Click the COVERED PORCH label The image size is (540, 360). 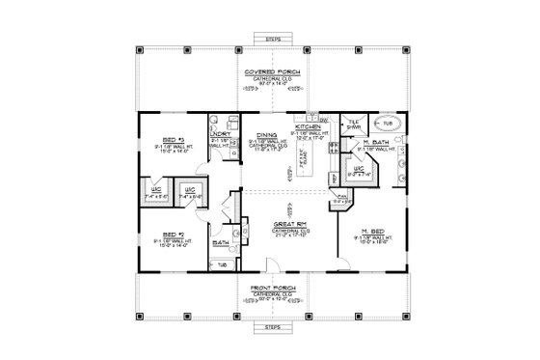click(269, 72)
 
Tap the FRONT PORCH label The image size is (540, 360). click(269, 288)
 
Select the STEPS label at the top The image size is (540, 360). click(269, 40)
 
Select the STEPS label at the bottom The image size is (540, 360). click(269, 327)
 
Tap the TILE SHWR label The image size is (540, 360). click(354, 125)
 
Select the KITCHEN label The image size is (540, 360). click(308, 127)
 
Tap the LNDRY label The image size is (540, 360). click(207, 133)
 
